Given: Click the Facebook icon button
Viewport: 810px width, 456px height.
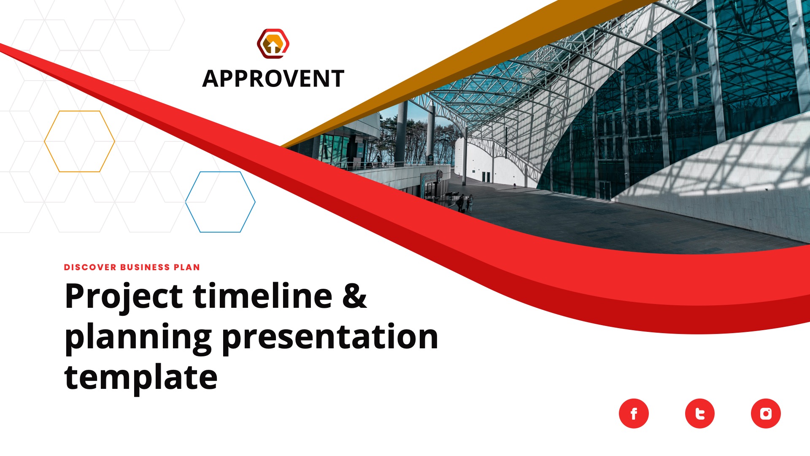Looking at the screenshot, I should [x=634, y=413].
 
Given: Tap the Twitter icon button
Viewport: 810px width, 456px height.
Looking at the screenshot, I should [x=699, y=413].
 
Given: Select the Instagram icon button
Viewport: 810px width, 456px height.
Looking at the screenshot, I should [x=766, y=413].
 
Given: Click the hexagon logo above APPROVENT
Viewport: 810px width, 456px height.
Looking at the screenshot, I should [x=273, y=43].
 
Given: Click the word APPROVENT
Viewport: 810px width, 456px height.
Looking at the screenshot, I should [x=273, y=79].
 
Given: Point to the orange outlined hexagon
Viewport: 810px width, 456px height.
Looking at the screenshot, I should [x=79, y=141].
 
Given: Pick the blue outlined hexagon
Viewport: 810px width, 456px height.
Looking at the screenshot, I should [x=220, y=202].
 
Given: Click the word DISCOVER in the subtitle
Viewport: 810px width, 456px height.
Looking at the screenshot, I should [x=90, y=267].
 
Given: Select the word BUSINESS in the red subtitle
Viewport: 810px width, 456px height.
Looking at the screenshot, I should [x=145, y=267].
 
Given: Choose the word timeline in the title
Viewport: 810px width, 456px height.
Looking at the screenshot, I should [x=262, y=296].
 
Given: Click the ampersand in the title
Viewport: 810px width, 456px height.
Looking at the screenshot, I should [x=354, y=296].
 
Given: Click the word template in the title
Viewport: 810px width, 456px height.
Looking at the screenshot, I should [x=140, y=377].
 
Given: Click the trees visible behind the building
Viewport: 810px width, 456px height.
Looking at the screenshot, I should [x=418, y=139].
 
